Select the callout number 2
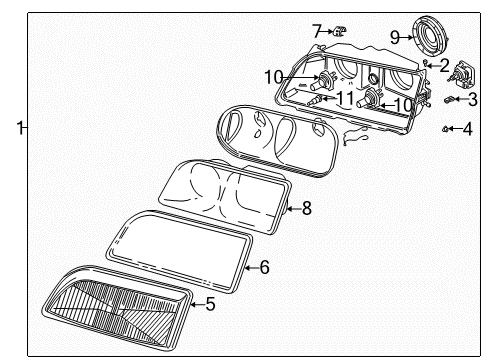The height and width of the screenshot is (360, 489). click(x=443, y=67)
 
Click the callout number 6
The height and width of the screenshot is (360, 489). click(x=264, y=268)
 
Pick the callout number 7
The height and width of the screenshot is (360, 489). click(x=316, y=31)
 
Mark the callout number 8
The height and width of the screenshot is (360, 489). click(x=307, y=208)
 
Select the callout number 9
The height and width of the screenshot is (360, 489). click(x=395, y=37)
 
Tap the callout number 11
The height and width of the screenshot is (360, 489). click(x=345, y=98)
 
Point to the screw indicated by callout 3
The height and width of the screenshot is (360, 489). click(x=450, y=100)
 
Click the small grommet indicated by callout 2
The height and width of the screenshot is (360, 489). click(x=427, y=63)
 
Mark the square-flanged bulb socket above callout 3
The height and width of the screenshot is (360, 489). click(x=466, y=73)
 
